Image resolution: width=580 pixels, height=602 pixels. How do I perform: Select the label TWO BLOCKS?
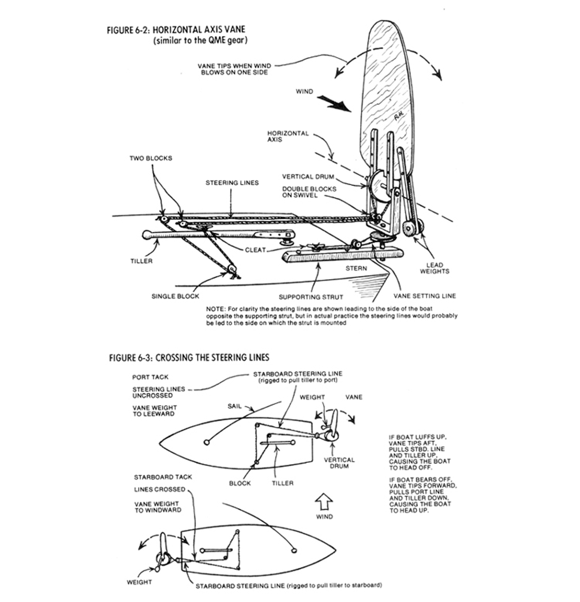click(x=151, y=158)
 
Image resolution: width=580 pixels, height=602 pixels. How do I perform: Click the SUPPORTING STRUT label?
click(x=311, y=297)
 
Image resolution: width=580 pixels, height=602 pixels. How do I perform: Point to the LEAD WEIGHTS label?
click(x=435, y=268)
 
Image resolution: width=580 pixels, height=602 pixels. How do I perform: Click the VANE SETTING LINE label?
click(x=425, y=296)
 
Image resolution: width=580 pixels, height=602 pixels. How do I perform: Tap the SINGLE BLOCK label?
click(x=175, y=296)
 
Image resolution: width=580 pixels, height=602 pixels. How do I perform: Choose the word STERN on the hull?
click(x=356, y=268)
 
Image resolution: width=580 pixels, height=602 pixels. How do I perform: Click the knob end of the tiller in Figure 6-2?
click(x=146, y=235)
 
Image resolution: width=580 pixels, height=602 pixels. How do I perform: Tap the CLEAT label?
click(x=255, y=250)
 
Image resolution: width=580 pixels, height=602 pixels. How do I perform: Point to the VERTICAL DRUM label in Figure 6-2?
click(x=308, y=176)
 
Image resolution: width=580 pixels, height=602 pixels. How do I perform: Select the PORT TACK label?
click(x=150, y=377)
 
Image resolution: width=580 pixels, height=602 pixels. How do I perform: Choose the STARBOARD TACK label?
click(x=163, y=477)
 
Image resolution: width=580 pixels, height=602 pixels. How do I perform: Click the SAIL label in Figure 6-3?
click(x=235, y=406)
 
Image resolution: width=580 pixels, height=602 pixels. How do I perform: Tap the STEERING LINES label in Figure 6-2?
click(x=232, y=183)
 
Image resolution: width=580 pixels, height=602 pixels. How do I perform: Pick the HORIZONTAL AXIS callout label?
click(x=288, y=136)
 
